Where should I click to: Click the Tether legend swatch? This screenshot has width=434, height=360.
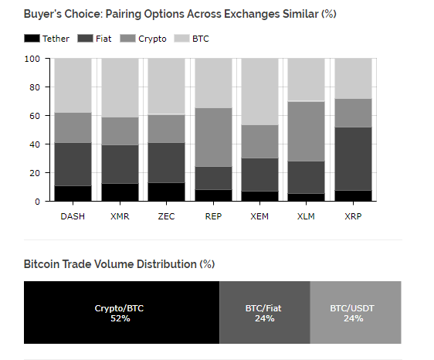point(32,38)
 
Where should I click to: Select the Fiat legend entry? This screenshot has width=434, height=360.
point(94,38)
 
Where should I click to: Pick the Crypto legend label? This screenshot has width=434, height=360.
point(152,39)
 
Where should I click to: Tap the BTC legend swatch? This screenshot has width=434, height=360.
point(181,38)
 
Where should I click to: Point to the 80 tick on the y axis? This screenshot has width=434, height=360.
point(35,87)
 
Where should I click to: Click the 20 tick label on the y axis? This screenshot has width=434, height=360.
point(35,173)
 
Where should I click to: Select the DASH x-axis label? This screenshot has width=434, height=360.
point(73,216)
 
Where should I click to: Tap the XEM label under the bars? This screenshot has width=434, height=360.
point(259,216)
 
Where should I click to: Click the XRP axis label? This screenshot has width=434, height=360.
point(353,216)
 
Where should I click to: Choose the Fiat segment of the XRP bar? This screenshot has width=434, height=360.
point(353,159)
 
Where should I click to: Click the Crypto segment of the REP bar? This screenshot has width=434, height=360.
point(213,138)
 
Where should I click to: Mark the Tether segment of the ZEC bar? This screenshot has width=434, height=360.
point(166,192)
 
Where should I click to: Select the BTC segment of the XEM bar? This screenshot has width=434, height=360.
point(259,92)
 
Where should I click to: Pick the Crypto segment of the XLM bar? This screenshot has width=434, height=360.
point(306,131)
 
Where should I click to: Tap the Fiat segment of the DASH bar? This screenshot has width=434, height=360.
point(73,165)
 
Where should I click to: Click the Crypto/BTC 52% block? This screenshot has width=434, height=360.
point(121,313)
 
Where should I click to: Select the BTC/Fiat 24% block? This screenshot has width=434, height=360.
point(265,313)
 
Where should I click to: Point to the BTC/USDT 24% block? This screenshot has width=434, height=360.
point(355,313)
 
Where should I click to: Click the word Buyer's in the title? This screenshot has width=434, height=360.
point(42,14)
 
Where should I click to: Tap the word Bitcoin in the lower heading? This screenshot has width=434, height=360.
point(42,264)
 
